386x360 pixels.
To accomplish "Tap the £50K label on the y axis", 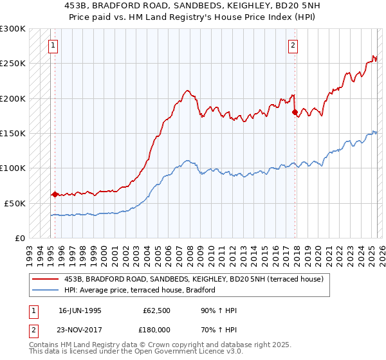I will [15, 203].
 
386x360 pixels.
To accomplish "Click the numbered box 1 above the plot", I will [51, 46].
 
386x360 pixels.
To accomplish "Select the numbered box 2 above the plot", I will [293, 46].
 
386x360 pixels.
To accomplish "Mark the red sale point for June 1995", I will [55, 194].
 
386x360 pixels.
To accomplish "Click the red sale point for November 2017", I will [295, 113].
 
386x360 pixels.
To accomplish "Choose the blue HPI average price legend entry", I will [139, 290].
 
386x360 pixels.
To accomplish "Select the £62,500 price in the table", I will [155, 311].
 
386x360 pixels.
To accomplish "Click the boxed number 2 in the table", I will [32, 329].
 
